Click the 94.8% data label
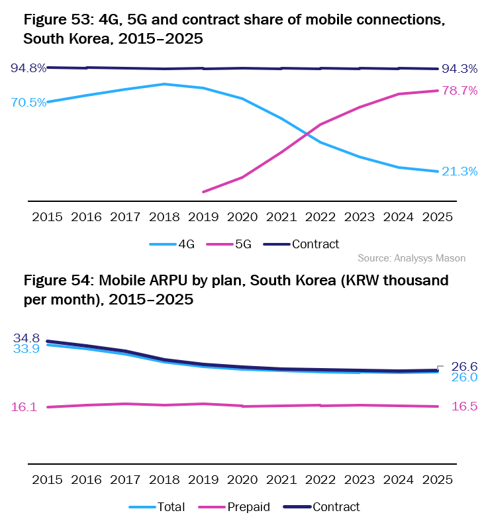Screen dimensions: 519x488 (28, 68)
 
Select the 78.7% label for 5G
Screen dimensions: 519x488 (460, 91)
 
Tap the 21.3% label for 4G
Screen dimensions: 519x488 (460, 171)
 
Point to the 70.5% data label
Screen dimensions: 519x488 (28, 103)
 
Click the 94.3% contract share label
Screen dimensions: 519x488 (460, 68)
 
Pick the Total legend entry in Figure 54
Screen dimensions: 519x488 (161, 507)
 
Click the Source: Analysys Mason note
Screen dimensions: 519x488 (411, 258)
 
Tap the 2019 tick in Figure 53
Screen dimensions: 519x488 (203, 216)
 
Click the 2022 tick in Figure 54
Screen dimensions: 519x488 (320, 479)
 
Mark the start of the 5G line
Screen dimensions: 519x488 (203, 192)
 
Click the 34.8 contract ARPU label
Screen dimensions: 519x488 (26, 338)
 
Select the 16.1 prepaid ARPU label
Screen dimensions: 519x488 (24, 407)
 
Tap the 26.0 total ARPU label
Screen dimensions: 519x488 (465, 377)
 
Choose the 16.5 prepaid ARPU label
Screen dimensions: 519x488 (465, 406)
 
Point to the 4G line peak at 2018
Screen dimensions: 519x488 (164, 84)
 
